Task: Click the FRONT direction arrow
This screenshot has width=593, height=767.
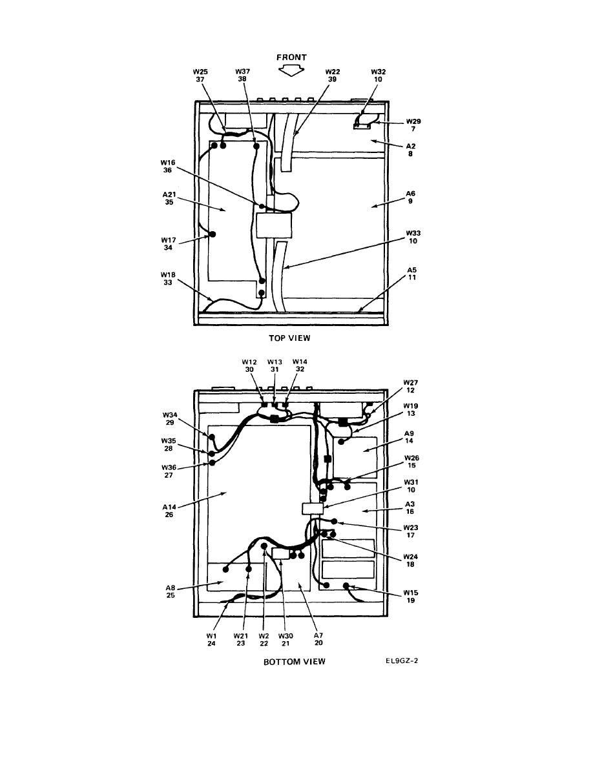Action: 291,71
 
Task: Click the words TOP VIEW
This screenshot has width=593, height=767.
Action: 289,338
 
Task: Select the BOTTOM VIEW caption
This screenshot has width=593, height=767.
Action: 295,662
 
